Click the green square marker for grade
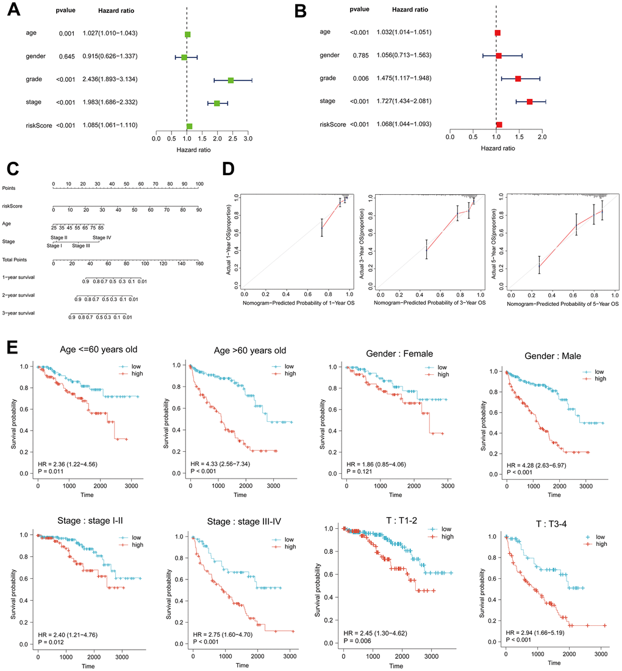231,80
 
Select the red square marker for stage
529,101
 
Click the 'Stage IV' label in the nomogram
102,238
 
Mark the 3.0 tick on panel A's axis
248,139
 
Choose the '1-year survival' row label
18,277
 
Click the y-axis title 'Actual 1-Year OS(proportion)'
229,241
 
